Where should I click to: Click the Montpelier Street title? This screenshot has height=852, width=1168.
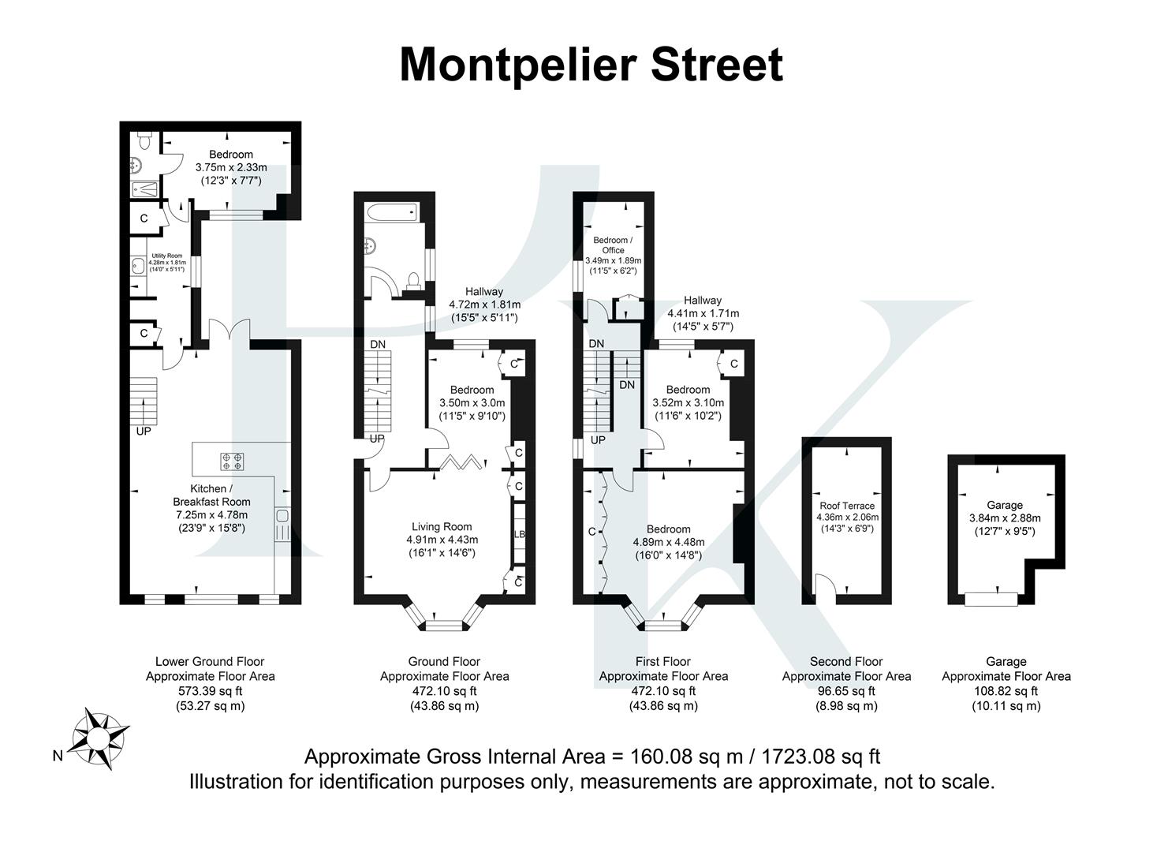point(591,65)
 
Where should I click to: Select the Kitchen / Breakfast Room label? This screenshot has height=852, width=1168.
point(211,495)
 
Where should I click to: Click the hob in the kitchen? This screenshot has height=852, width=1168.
point(233,461)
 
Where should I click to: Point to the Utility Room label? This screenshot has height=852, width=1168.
point(167,256)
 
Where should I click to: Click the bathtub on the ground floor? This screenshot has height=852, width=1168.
point(390,211)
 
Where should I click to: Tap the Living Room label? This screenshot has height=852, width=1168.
point(442,526)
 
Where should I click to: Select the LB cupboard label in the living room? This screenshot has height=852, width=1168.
point(519,534)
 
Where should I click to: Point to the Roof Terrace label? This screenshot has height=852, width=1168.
point(847,506)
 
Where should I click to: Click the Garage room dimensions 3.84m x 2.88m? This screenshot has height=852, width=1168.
point(1005,518)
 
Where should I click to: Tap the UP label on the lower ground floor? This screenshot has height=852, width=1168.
point(144,432)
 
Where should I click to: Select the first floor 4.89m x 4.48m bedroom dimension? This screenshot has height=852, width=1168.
point(668,542)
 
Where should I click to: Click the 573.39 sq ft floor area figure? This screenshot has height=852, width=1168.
point(210,691)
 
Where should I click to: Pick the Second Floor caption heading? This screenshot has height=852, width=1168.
point(846,662)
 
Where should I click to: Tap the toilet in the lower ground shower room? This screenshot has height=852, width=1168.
point(143,140)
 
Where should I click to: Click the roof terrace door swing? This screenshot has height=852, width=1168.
point(823,585)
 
